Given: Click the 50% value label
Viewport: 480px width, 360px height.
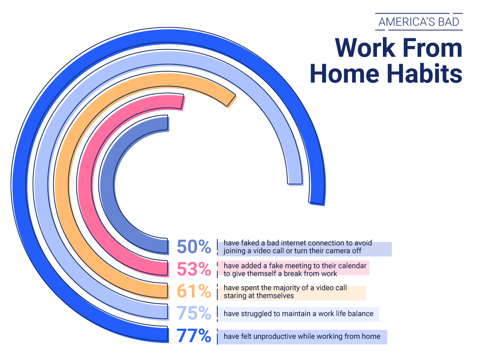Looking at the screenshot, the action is coord(194,247).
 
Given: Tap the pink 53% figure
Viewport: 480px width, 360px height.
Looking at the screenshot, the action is coord(194,269).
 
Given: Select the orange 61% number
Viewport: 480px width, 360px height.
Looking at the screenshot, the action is coord(194,291).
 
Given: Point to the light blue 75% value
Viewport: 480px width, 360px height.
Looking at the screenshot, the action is coord(194,313).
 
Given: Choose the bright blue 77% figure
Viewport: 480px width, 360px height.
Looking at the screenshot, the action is coord(194,336).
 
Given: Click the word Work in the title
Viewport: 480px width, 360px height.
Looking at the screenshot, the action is coord(365,48).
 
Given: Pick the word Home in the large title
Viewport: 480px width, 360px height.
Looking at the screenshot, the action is coord(345,73).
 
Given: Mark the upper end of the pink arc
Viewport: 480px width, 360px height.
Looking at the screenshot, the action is coord(183,102).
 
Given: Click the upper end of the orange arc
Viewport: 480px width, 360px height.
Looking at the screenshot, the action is coord(231,101).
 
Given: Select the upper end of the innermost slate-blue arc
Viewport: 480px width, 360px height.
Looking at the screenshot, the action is coord(168,124).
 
